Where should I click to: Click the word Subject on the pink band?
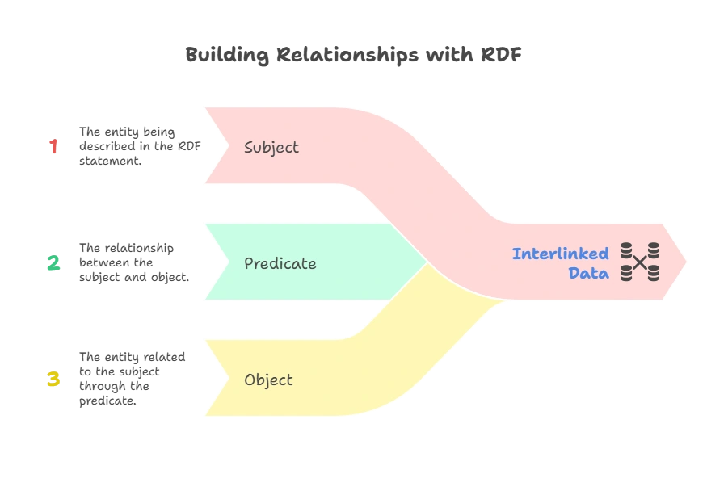coord(271,148)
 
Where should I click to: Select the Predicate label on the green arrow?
coord(280,264)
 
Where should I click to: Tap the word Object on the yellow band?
coord(268,380)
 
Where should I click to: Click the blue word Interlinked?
coord(560,254)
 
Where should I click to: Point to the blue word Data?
coord(588,274)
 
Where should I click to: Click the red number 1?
coord(53,146)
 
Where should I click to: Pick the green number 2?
coord(53,262)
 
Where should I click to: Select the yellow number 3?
coord(53,379)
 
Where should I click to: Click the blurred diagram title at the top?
coord(351,56)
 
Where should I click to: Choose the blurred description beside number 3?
coord(132,379)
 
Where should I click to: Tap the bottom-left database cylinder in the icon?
coord(626,274)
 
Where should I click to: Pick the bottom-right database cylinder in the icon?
coord(653,274)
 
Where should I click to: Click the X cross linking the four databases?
coord(640,262)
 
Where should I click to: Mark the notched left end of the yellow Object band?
coord(212,379)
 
